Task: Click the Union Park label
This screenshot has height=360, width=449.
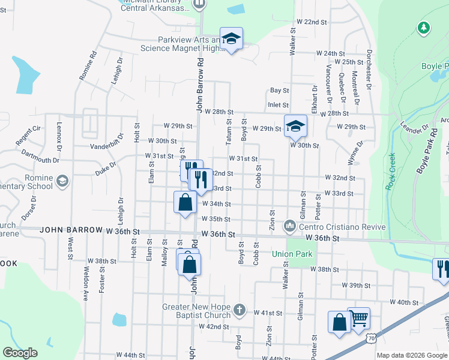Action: pyautogui.click(x=292, y=254)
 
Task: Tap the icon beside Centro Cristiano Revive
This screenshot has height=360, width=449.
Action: pyautogui.click(x=291, y=226)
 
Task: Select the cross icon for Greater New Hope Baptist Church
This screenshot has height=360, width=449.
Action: pyautogui.click(x=239, y=310)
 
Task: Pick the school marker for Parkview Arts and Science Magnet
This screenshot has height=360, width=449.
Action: pyautogui.click(x=231, y=39)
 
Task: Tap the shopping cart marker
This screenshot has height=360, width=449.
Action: pyautogui.click(x=358, y=319)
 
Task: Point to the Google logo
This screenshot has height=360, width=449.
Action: pyautogui.click(x=20, y=353)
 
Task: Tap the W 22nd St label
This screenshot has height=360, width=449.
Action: pyautogui.click(x=315, y=22)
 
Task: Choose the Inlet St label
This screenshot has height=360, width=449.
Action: pyautogui.click(x=278, y=105)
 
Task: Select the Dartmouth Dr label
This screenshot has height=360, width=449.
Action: pyautogui.click(x=40, y=157)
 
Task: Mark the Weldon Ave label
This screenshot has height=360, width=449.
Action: pyautogui.click(x=85, y=288)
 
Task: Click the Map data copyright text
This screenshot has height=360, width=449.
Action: pyautogui.click(x=412, y=355)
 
